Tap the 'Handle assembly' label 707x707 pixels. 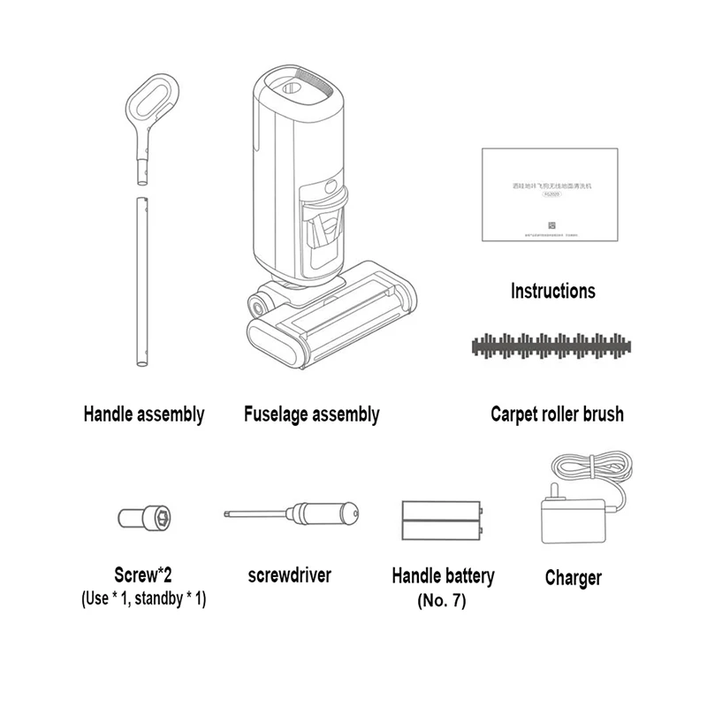point(143,413)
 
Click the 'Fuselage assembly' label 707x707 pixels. point(311,414)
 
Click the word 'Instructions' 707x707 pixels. point(553,291)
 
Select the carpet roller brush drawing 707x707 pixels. point(554,346)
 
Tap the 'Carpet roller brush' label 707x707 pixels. point(557,414)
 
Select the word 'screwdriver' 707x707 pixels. point(289,575)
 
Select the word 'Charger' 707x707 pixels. point(573,578)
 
